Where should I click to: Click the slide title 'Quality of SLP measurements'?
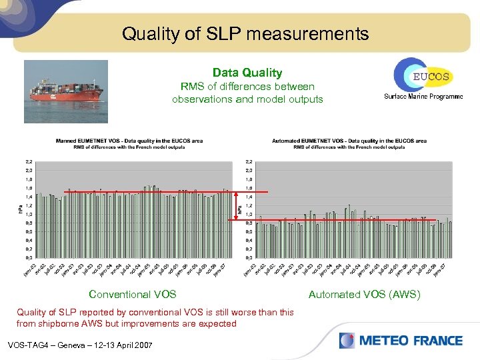[x=245, y=33]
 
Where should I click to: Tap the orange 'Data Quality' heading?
[x=247, y=73]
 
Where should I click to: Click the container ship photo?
[x=65, y=91]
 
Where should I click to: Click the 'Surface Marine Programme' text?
[x=423, y=97]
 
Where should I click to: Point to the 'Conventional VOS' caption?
[x=132, y=294]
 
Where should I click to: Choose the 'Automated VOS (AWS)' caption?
[x=364, y=294]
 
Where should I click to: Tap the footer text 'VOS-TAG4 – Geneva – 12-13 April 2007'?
[x=79, y=345]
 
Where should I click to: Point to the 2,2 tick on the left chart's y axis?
[x=30, y=162]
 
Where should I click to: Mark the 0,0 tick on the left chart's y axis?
[x=30, y=257]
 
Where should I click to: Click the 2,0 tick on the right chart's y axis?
[x=249, y=171]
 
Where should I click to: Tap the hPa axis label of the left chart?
[x=19, y=209]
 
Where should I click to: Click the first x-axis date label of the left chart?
[x=29, y=270]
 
